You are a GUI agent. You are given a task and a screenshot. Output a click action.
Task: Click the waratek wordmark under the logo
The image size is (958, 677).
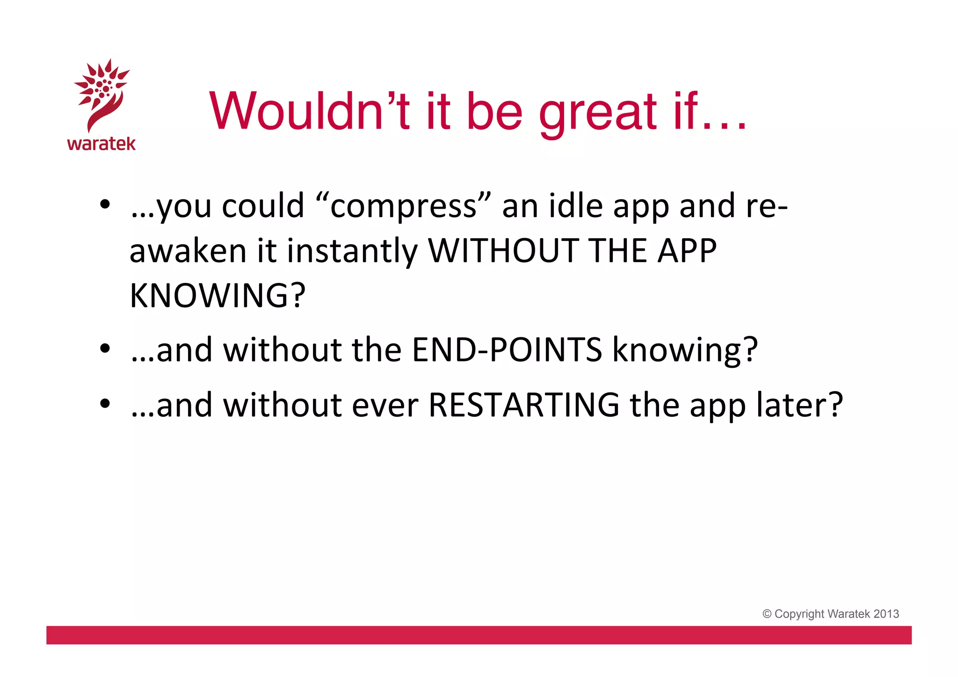tap(101, 144)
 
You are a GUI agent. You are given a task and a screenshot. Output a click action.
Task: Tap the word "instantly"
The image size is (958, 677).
tap(352, 252)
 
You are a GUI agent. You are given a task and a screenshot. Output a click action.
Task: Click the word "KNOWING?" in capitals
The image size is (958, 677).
tap(218, 296)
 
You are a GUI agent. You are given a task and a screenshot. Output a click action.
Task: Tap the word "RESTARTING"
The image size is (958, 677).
tap(524, 405)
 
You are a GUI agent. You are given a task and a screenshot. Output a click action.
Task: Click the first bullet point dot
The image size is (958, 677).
tap(105, 204)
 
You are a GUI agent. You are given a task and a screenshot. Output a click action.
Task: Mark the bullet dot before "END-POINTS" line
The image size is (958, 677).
tap(105, 349)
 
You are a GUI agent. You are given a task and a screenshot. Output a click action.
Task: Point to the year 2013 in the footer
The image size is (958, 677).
tap(886, 614)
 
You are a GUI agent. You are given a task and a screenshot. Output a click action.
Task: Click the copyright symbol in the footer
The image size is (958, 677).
tap(767, 614)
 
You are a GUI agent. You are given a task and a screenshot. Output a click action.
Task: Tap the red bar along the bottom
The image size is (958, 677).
tap(479, 635)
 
